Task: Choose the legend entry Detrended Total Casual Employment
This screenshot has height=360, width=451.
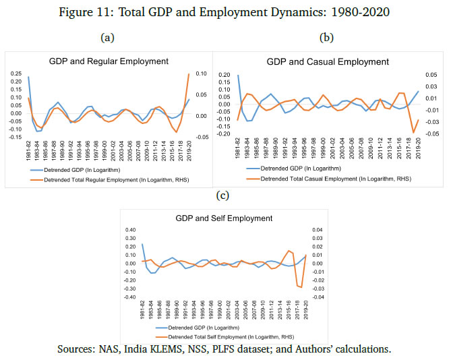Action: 331,178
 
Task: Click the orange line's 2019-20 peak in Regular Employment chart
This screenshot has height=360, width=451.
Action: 188,74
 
